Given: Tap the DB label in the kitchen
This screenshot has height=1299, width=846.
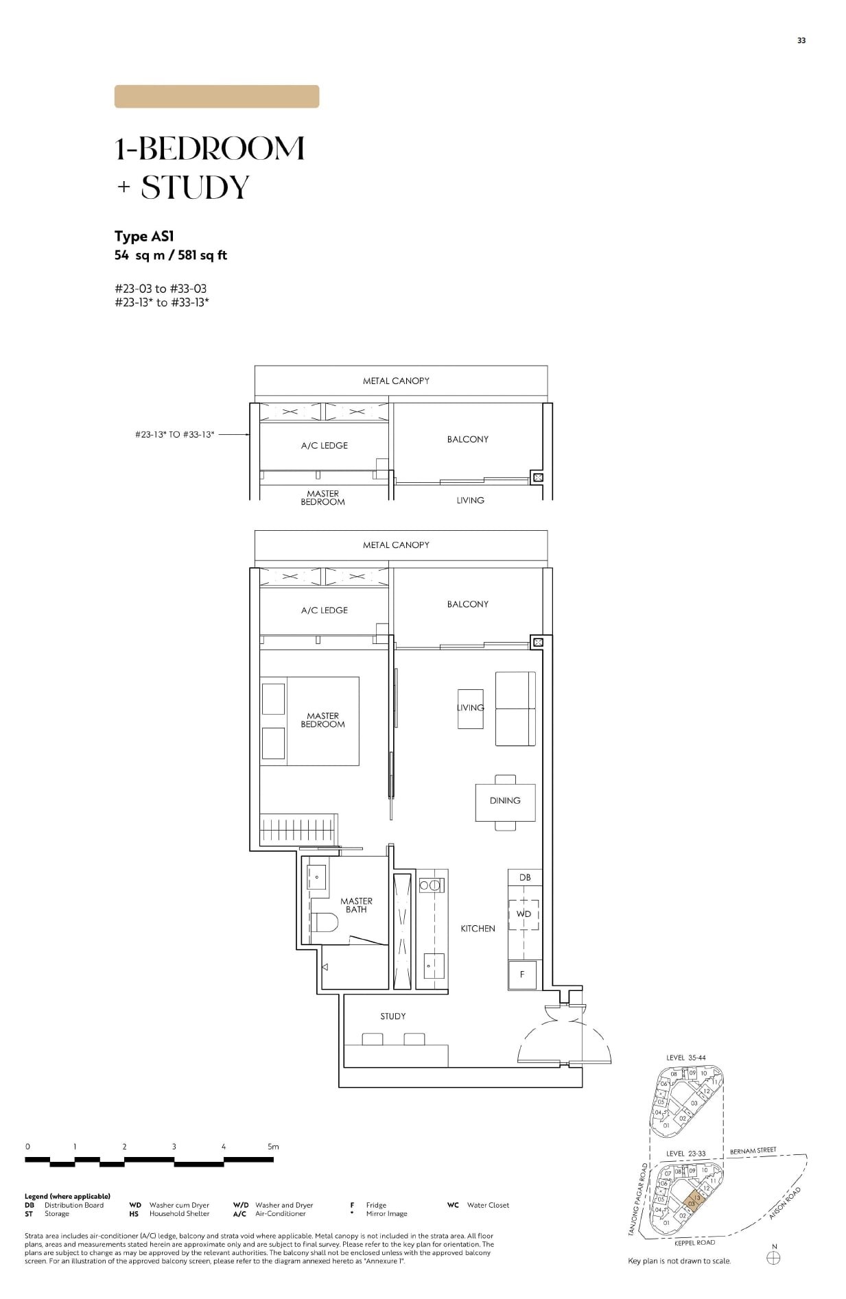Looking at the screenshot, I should click(524, 877).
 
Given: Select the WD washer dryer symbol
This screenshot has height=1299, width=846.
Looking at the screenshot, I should click(524, 914).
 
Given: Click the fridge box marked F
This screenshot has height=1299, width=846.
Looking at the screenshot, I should click(522, 974).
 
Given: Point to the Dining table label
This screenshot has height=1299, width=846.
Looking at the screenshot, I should click(505, 800).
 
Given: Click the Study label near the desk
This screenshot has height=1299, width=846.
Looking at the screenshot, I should click(393, 1016).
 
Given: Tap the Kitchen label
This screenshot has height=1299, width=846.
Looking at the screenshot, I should click(478, 928).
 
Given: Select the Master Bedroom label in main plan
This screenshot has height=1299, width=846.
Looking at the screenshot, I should click(322, 719).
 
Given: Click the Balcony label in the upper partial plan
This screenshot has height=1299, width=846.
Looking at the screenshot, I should click(467, 439).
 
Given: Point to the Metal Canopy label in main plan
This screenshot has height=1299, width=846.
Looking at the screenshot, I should click(396, 545).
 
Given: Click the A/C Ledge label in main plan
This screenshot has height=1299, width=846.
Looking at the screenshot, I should click(324, 610).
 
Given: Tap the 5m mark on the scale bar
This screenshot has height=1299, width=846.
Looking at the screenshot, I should click(273, 1146).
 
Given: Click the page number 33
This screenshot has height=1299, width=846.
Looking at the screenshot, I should click(801, 40).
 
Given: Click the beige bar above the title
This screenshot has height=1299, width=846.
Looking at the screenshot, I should click(216, 97).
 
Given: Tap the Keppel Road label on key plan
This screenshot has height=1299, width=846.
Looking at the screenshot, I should click(695, 1242).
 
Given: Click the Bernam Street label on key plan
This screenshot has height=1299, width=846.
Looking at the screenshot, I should click(753, 1150).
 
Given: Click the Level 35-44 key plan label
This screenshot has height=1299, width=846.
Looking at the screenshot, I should click(685, 1058).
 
